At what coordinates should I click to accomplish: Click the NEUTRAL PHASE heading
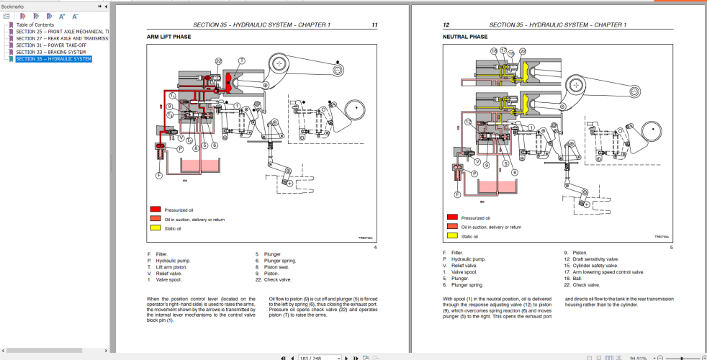[x=465, y=36]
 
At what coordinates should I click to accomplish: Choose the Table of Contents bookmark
[x=35, y=25]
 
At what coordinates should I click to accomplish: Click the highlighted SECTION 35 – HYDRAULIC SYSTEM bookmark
[x=53, y=59]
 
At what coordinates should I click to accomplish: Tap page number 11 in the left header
[x=374, y=25]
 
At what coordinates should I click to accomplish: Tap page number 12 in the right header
[x=446, y=25]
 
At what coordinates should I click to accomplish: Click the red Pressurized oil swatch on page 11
[x=156, y=210]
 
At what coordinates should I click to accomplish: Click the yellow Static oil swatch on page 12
[x=452, y=235]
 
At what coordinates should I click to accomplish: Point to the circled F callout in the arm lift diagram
[x=158, y=175]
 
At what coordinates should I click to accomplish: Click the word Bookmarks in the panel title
[x=14, y=6]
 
